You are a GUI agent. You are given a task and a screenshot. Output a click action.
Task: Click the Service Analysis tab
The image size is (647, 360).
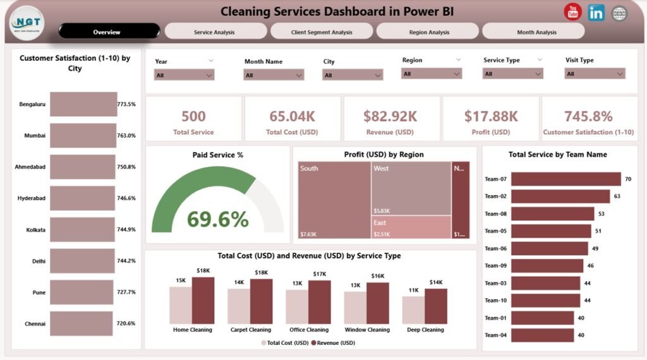click(x=215, y=32)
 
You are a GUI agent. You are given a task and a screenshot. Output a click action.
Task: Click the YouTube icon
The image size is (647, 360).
click(x=573, y=12)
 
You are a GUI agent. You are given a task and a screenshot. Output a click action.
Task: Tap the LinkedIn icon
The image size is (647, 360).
click(x=596, y=13)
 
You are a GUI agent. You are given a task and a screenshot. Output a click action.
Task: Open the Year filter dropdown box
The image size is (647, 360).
click(x=184, y=75)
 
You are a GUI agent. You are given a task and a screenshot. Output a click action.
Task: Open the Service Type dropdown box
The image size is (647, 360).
click(x=512, y=74)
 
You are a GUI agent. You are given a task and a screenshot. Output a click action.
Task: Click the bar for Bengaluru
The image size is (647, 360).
click(x=83, y=104)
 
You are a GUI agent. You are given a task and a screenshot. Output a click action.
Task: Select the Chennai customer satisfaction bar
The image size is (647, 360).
click(x=81, y=323)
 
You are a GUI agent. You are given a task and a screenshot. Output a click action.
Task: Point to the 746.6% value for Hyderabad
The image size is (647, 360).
click(x=126, y=198)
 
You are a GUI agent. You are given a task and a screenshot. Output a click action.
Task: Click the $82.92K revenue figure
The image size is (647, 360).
click(x=390, y=116)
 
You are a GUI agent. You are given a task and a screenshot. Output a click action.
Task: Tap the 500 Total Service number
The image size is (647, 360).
click(x=193, y=116)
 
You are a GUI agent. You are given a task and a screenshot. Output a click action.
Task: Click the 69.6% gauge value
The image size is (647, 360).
click(x=218, y=219)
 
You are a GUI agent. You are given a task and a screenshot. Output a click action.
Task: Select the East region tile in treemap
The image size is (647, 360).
click(x=411, y=227)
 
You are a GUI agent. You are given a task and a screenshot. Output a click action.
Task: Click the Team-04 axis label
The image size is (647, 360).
click(x=495, y=335)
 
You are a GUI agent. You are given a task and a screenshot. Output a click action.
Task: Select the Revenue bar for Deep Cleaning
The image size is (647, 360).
click(x=435, y=306)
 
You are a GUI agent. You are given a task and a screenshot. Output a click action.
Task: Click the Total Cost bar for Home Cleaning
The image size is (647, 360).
click(x=180, y=304)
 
